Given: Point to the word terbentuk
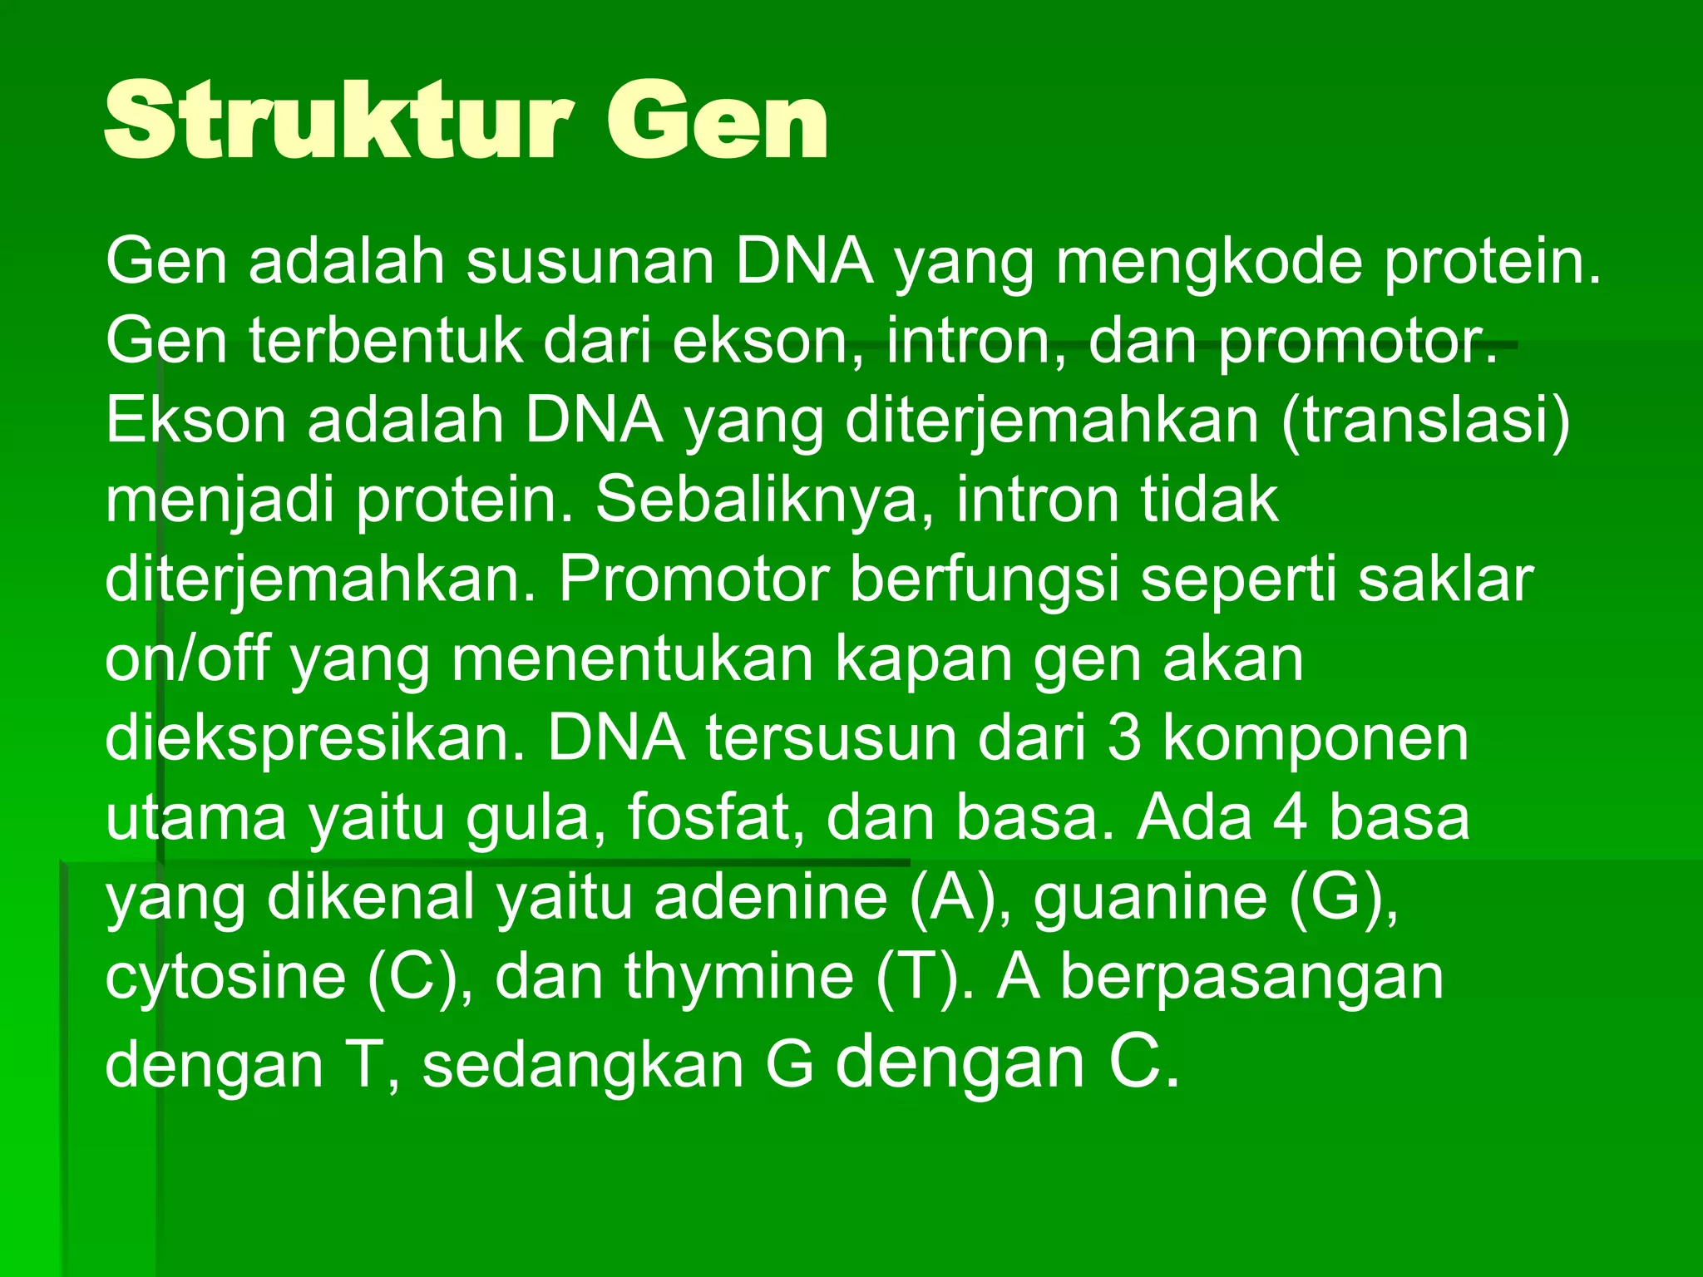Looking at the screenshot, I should [x=385, y=342].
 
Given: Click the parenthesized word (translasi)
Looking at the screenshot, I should [x=1425, y=421].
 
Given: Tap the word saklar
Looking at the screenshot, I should [x=1445, y=579].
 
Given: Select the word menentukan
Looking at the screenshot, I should [x=633, y=660].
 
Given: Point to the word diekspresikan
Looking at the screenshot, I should [x=315, y=739].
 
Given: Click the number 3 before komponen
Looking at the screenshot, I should [x=1123, y=739].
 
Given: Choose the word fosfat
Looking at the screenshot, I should [x=716, y=817].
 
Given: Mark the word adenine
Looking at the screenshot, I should [x=771, y=897].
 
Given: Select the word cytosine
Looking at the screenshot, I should [x=225, y=977].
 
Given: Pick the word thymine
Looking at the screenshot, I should [x=739, y=977].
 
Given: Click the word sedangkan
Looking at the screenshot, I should [x=583, y=1065].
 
